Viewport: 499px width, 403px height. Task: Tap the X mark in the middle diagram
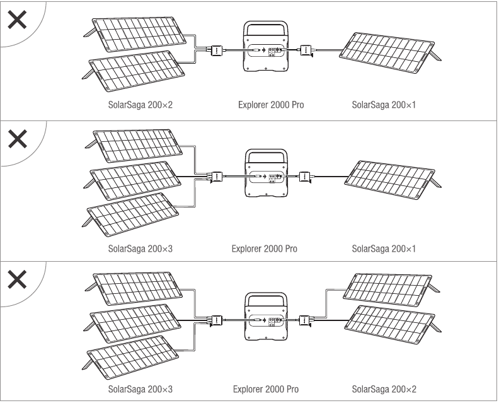pos(17,139)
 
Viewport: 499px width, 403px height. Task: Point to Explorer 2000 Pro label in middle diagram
pos(265,248)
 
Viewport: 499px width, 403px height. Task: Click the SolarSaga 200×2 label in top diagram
pos(139,105)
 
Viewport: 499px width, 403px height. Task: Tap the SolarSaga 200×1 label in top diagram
pos(384,105)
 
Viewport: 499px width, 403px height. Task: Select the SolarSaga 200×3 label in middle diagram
pos(139,248)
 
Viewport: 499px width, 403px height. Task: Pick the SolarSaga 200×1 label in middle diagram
pos(384,248)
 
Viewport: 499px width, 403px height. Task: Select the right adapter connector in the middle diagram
pos(304,177)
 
